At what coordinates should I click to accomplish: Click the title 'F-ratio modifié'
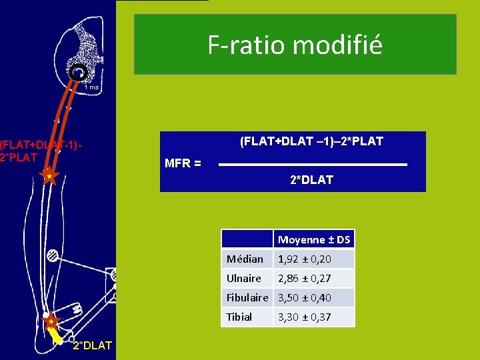pos(295,45)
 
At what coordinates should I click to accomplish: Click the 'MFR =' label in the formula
pos(183,163)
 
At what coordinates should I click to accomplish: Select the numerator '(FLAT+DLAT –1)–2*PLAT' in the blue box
pos(311,141)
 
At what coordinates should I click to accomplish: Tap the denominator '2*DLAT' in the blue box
pos(311,180)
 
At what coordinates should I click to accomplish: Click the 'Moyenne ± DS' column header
pos(314,239)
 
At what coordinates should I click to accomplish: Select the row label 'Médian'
pos(245,259)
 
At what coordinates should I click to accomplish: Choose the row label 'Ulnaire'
pos(244,278)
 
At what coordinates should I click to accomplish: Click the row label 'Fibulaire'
pos(247,297)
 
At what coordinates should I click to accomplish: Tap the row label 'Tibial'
pos(239,317)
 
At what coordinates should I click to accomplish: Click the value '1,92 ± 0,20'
pos(305,259)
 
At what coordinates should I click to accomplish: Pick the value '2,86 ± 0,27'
pos(305,278)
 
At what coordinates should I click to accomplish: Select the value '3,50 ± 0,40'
pos(305,297)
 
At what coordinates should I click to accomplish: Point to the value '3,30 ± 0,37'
pos(305,317)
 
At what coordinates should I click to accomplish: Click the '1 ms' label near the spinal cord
pos(91,87)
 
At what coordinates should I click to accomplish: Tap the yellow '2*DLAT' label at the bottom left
pos(91,345)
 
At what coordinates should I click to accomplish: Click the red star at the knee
pos(49,177)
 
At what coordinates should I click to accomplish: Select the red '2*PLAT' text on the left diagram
pos(19,157)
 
